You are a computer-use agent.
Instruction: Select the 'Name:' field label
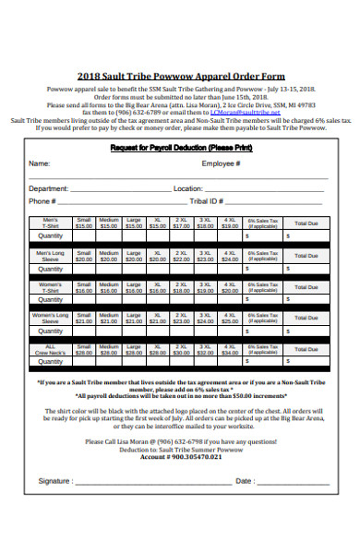click(38, 163)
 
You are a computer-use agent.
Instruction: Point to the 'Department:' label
click(48, 187)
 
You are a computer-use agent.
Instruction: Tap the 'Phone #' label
click(42, 200)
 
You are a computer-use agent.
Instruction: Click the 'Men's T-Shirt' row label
click(51, 223)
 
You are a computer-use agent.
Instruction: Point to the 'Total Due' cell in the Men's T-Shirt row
click(306, 223)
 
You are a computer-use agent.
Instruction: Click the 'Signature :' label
click(55, 481)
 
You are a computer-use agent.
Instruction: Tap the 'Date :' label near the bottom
click(245, 481)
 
